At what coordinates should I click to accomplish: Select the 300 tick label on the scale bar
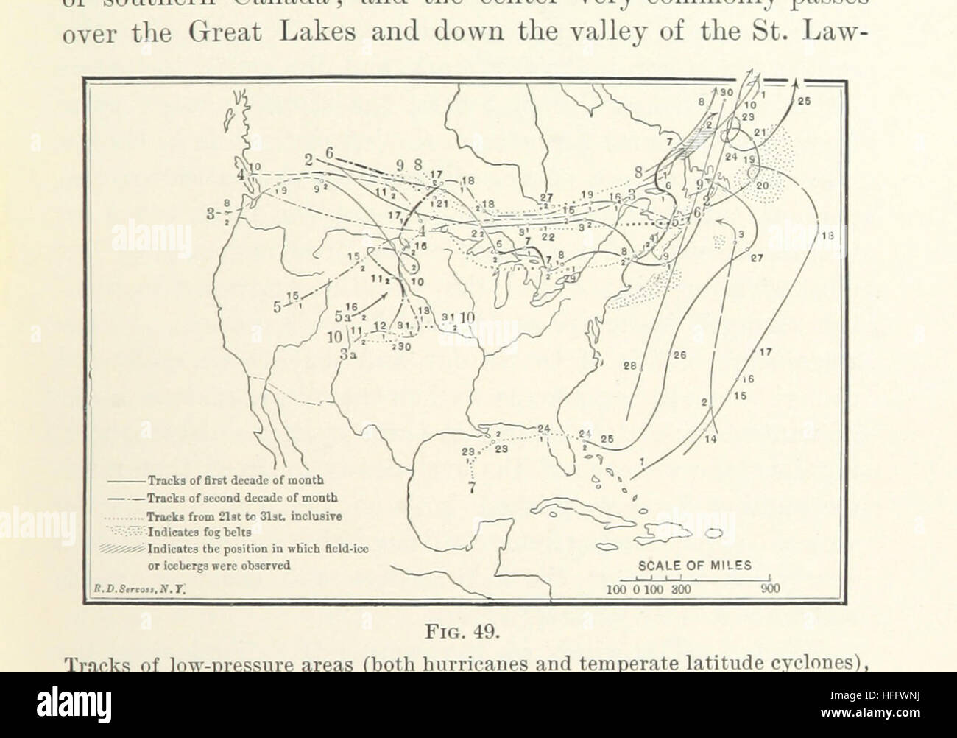coord(679,589)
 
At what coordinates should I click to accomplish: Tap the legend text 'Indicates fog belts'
coord(200,530)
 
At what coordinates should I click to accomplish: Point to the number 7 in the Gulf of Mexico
coord(472,487)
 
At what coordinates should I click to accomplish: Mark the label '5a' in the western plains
coord(340,316)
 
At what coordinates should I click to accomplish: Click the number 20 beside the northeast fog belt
coord(761,186)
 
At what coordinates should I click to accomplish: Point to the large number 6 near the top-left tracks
coord(330,152)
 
